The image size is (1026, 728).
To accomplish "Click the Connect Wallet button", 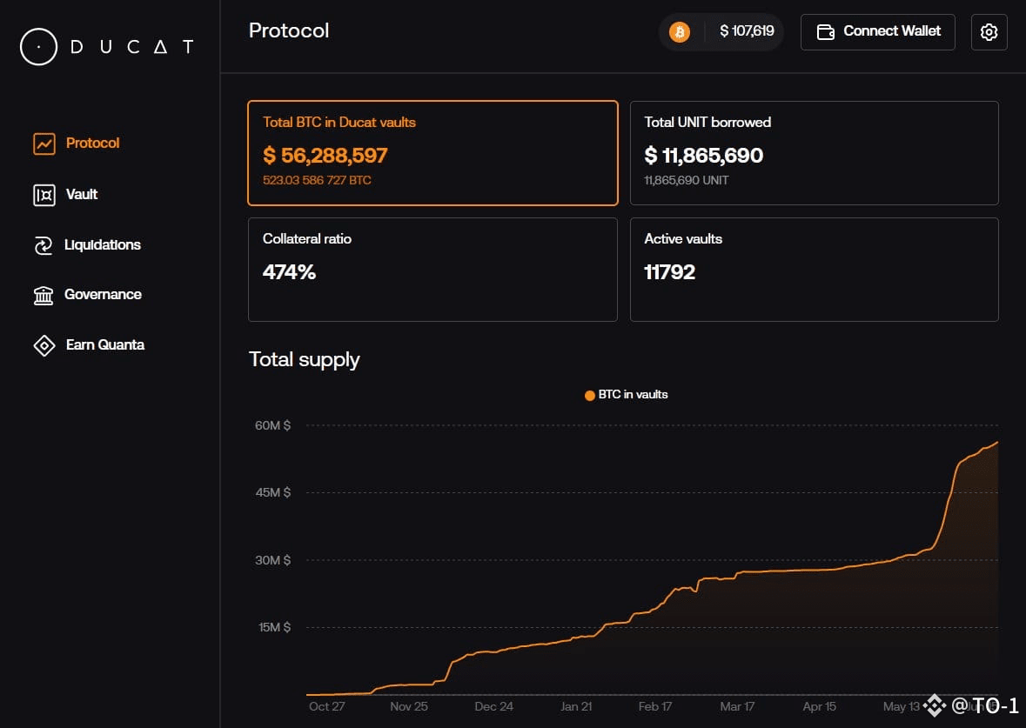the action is click(877, 32).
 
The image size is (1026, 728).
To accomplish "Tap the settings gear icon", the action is click(989, 32).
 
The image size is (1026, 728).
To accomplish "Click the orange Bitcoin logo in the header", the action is click(679, 31).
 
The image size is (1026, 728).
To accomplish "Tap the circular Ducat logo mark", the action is click(38, 46).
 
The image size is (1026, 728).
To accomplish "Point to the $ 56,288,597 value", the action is click(325, 155).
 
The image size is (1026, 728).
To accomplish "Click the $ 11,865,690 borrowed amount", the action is click(703, 155).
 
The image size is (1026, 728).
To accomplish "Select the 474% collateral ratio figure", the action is click(289, 271).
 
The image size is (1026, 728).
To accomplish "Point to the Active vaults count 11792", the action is click(669, 271).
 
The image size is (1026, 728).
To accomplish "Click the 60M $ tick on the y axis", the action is click(273, 425).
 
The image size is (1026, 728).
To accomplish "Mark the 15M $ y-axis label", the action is click(274, 627).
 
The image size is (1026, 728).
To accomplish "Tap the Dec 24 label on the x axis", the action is click(494, 706).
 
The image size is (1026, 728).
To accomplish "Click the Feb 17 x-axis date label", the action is click(655, 706).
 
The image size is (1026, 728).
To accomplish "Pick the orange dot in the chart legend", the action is click(589, 395).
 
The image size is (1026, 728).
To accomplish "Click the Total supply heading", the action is click(305, 360).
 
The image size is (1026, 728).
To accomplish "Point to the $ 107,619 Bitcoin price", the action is click(747, 30).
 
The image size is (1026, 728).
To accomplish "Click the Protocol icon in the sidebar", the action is click(44, 144).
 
